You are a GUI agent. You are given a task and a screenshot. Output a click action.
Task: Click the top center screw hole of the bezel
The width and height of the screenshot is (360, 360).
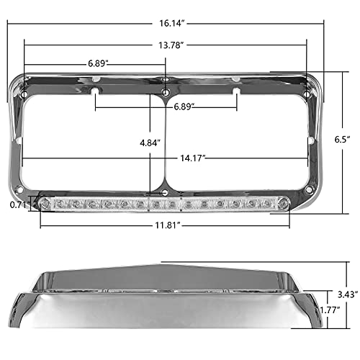[x=166, y=94]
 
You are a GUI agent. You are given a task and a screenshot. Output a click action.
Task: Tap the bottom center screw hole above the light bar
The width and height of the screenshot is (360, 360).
[x=166, y=194]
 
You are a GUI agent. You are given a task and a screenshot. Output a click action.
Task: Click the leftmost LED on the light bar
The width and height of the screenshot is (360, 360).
[x=47, y=206]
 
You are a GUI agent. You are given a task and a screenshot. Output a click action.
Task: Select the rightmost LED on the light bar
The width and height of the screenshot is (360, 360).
[x=284, y=206]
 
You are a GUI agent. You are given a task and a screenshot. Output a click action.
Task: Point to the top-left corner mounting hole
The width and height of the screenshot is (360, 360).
[x=24, y=96]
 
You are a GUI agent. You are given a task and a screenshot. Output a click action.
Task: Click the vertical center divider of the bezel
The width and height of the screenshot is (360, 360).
[x=166, y=144]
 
